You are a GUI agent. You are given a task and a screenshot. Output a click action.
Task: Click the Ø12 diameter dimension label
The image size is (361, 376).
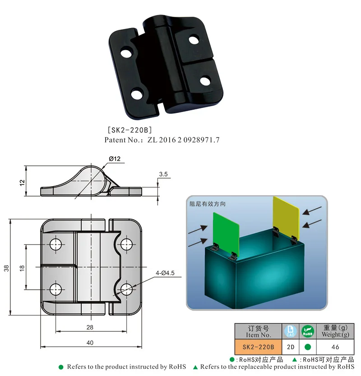point(114,159)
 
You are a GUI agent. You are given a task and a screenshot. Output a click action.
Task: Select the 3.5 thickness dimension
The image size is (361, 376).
point(163,174)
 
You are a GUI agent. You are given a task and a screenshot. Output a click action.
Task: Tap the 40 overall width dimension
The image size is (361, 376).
point(90,343)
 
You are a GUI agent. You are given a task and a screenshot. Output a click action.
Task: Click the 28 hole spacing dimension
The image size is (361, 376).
point(91,327)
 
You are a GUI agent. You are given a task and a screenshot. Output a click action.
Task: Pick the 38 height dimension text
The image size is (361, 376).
point(6,268)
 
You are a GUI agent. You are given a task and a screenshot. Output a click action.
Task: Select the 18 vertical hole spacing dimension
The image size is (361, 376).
point(22,268)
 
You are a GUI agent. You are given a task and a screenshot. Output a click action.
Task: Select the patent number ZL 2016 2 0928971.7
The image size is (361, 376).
point(184,140)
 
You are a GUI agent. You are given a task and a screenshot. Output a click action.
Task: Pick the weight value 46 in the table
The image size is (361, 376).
point(335,347)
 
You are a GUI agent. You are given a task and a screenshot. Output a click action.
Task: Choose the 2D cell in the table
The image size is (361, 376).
point(291,347)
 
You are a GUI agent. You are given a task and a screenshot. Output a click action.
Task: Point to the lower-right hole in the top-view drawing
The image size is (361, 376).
point(127,289)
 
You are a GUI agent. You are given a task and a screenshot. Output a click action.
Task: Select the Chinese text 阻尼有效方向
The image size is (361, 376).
point(208,204)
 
